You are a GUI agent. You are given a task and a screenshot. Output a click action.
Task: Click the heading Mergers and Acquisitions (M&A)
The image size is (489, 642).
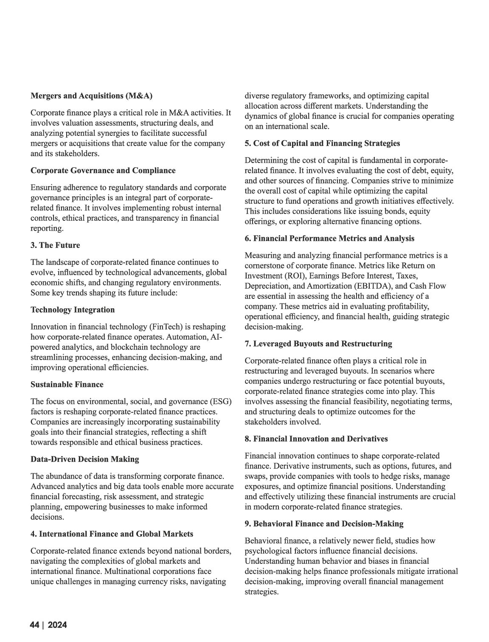point(91,96)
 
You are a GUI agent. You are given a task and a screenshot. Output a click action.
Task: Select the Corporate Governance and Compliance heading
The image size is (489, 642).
point(103,171)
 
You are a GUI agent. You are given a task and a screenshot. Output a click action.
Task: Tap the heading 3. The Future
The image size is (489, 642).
point(55,245)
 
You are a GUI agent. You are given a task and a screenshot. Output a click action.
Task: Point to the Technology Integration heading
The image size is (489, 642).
point(73,310)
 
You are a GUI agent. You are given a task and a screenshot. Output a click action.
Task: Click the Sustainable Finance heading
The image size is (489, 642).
point(67,385)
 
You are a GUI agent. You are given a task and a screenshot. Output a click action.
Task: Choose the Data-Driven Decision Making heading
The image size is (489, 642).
point(84,459)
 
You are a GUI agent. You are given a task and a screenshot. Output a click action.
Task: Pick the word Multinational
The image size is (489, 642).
point(130,572)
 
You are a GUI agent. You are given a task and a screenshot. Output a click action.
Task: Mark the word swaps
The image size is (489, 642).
point(255,476)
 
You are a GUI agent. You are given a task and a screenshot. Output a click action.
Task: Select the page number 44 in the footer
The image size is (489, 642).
point(34,625)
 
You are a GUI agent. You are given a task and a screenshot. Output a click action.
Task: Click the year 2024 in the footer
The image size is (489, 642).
point(57,625)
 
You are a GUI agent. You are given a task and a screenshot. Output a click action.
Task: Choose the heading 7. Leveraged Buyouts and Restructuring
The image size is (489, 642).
point(318,344)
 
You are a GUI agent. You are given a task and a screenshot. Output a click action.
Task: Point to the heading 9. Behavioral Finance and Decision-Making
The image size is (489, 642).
point(324,524)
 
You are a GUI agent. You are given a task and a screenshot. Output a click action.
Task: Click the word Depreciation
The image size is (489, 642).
point(267,286)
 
